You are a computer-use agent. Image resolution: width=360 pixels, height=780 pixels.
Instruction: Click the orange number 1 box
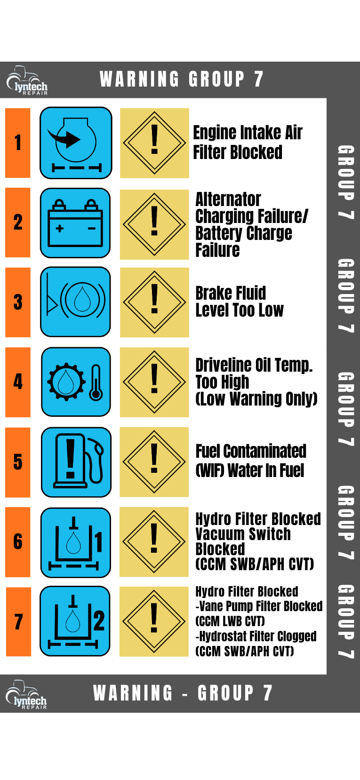click(18, 143)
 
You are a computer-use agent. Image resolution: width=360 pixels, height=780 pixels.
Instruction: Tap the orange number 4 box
click(18, 382)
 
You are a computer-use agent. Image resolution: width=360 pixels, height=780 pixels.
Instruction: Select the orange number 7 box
click(18, 621)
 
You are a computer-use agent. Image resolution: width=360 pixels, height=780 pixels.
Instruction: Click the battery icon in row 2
click(75, 223)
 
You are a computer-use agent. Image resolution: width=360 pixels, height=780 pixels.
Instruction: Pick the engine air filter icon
click(76, 143)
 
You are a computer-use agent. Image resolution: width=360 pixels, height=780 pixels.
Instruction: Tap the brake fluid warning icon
click(76, 302)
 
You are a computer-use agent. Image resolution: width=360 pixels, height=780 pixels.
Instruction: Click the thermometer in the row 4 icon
click(96, 382)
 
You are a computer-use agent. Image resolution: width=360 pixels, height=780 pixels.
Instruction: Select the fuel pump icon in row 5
click(76, 462)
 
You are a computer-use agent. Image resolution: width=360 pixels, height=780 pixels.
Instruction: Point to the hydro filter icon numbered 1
click(76, 542)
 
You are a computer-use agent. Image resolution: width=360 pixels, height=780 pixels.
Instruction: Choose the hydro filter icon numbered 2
click(75, 621)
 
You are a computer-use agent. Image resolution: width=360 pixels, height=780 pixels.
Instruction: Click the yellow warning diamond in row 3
click(154, 302)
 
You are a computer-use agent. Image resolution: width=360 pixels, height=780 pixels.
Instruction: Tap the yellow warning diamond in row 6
click(154, 542)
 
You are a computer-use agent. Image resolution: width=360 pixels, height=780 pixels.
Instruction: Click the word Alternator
click(228, 199)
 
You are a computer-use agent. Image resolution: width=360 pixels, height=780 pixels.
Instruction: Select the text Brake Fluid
click(231, 293)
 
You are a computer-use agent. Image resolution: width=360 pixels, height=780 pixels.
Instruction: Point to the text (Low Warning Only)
click(256, 399)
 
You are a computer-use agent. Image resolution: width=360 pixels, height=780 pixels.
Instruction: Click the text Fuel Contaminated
click(251, 451)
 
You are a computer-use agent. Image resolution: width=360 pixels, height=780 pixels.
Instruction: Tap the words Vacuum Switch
click(243, 534)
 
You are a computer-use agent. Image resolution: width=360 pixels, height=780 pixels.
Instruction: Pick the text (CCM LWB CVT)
click(230, 621)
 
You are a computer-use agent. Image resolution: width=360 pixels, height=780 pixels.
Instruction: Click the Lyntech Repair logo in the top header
click(27, 80)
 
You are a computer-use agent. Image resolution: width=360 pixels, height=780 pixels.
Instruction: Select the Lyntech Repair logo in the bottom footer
click(26, 694)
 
